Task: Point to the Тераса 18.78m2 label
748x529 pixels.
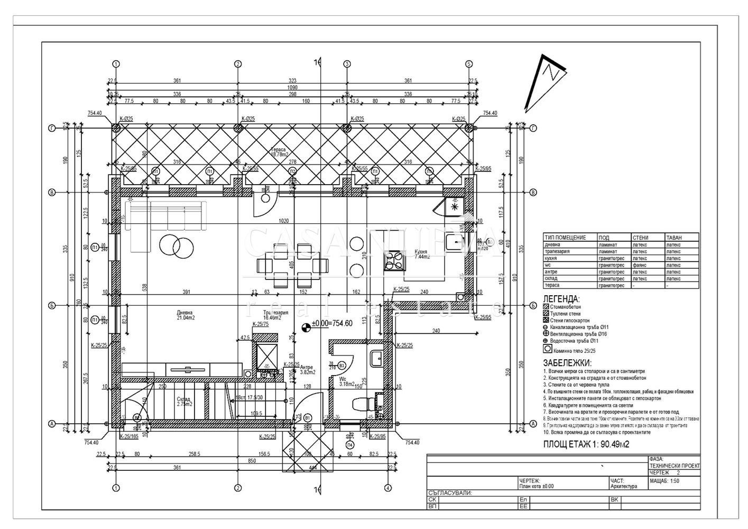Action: (x=281, y=152)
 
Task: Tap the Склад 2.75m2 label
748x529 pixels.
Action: (x=183, y=402)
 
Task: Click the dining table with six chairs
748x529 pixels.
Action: (x=288, y=263)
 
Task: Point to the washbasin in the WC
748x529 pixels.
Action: (x=377, y=358)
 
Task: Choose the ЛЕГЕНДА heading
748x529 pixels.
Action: (x=561, y=299)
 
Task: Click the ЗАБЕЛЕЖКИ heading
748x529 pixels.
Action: (x=567, y=363)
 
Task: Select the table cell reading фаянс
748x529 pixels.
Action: (x=640, y=265)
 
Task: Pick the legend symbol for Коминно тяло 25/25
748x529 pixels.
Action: (x=548, y=350)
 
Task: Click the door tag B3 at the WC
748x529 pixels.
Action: (x=341, y=365)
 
